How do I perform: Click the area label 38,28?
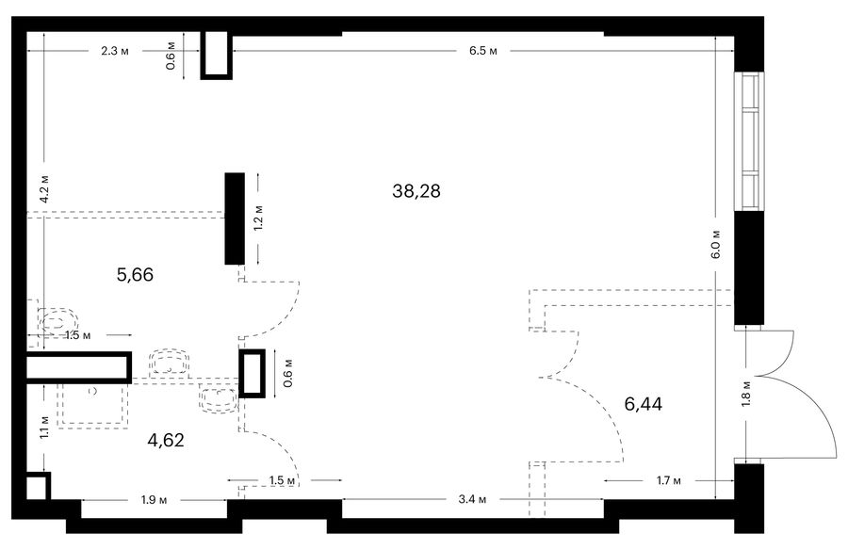tap(416, 191)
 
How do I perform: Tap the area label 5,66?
tap(135, 275)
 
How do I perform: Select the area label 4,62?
tap(166, 440)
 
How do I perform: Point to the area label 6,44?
tap(643, 404)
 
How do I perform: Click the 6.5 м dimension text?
tap(483, 52)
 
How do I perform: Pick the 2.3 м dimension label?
tap(115, 52)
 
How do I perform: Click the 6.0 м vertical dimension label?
tap(716, 245)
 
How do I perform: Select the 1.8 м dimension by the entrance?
tap(747, 393)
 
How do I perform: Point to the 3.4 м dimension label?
tap(472, 499)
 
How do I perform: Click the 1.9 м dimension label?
tap(155, 500)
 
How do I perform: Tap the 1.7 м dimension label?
tap(668, 480)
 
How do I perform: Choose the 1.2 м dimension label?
tap(258, 218)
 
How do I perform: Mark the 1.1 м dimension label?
tap(44, 427)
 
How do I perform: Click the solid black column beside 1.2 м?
tap(235, 218)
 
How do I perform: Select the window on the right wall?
tap(749, 141)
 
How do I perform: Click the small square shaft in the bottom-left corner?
tap(38, 486)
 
